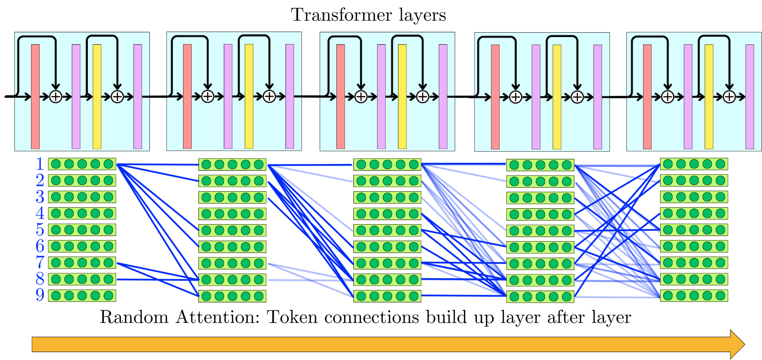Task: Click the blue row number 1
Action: [x=40, y=164]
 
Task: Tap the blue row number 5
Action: [x=40, y=230]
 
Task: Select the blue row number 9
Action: [x=40, y=295]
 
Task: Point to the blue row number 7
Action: [x=40, y=262]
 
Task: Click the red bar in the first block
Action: [x=35, y=97]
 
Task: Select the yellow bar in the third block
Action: [x=402, y=97]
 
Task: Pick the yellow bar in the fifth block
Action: [x=709, y=97]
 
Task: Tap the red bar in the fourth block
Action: [x=495, y=97]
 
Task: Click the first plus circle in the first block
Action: [x=56, y=97]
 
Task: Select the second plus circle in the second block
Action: [x=269, y=97]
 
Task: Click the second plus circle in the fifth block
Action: [x=729, y=97]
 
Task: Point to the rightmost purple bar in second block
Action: [x=290, y=97]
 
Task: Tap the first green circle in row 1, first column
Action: [x=56, y=164]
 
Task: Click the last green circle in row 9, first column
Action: [x=108, y=295]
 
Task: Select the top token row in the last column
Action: [x=694, y=164]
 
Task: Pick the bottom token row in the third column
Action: [x=387, y=296]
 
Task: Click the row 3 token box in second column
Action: [x=232, y=197]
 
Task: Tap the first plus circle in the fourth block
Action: [x=515, y=97]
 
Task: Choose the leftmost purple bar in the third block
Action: [x=381, y=97]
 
